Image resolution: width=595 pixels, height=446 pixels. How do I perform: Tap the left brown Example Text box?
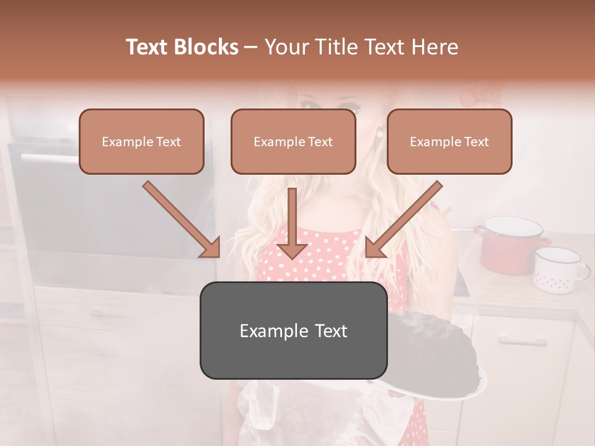[x=141, y=142]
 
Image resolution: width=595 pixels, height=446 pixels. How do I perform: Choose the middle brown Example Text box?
[x=293, y=142]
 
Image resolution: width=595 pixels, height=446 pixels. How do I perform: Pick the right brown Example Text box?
[x=449, y=142]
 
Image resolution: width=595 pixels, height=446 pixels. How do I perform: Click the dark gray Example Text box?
[x=293, y=331]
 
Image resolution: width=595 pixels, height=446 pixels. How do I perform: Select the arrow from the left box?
[x=181, y=219]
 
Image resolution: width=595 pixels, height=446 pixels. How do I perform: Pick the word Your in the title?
[x=285, y=47]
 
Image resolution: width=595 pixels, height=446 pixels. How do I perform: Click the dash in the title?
[x=251, y=48]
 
